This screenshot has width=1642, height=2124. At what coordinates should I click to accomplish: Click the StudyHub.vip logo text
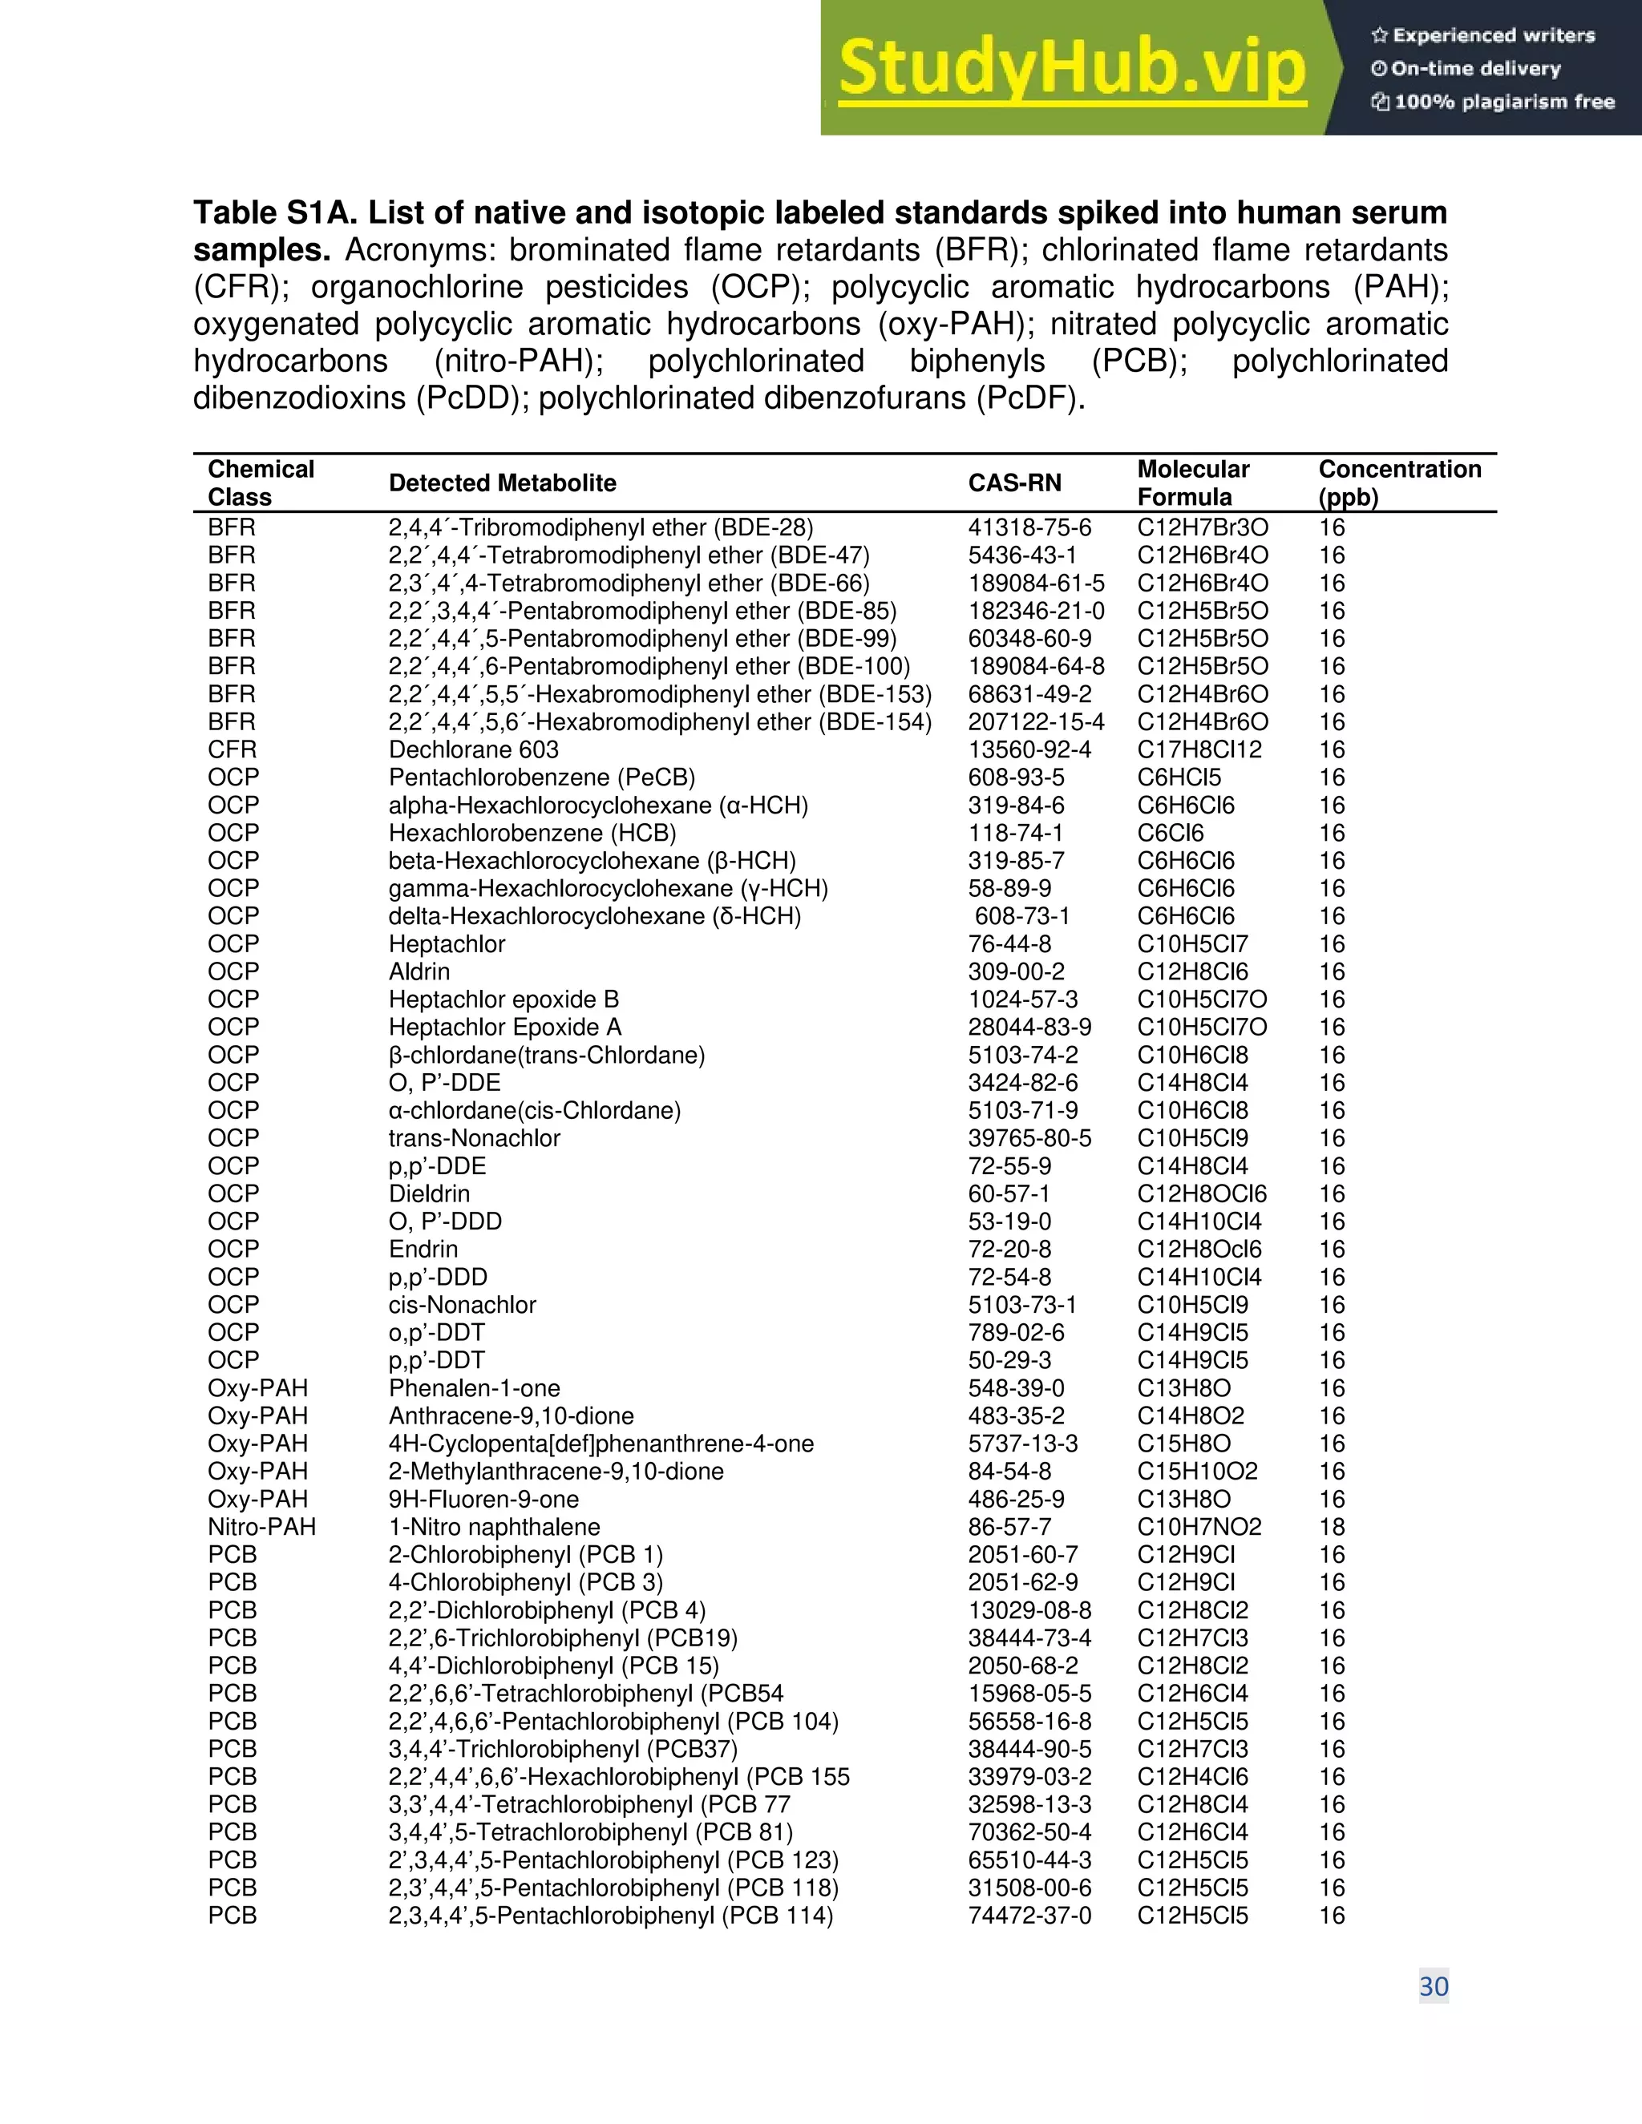tap(1071, 68)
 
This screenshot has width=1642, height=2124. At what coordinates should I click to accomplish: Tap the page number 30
tap(1433, 1986)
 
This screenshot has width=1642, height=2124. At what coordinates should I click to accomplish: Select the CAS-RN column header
tap(1014, 483)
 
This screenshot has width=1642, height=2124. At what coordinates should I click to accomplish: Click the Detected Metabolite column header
tap(502, 483)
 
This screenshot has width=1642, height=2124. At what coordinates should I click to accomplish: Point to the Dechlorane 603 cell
tap(474, 750)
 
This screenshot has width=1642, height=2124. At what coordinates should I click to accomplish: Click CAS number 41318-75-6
tap(1029, 528)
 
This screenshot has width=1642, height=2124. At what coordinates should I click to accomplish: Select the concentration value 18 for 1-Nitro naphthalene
tap(1332, 1527)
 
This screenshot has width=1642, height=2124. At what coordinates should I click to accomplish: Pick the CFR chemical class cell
tap(233, 750)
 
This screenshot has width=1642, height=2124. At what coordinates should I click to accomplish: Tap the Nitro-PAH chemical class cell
tap(261, 1527)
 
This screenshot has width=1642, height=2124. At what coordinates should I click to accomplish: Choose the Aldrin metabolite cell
tap(419, 971)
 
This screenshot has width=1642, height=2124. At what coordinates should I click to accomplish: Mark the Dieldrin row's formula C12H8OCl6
tap(1203, 1193)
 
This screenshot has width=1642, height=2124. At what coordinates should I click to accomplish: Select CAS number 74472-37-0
tap(1029, 1915)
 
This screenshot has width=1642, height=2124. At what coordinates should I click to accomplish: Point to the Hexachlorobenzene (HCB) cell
tap(532, 834)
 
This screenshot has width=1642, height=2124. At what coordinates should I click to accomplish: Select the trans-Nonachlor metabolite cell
tap(475, 1138)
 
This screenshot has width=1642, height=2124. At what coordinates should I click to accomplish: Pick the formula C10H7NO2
tap(1199, 1527)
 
